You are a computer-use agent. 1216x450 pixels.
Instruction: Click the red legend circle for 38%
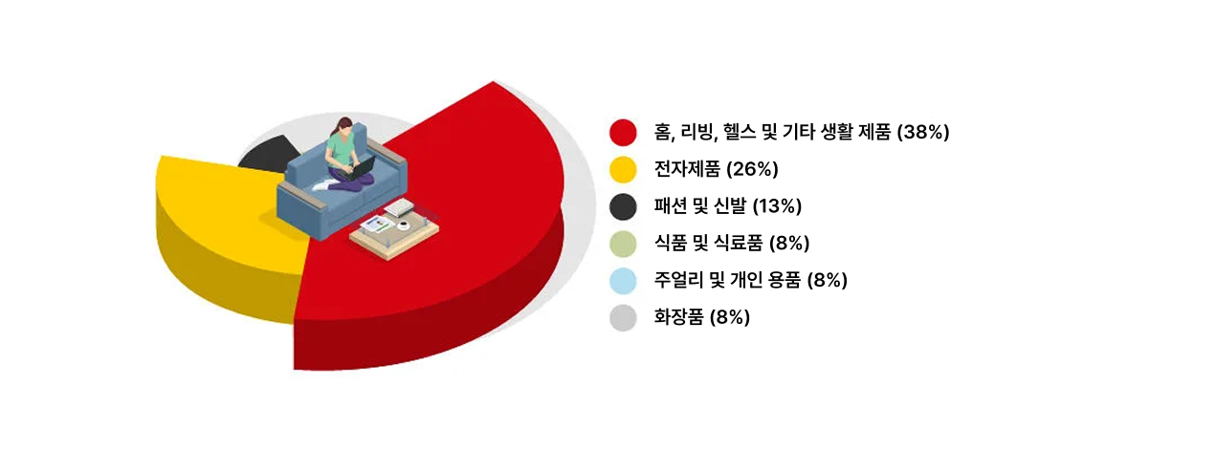[x=623, y=132]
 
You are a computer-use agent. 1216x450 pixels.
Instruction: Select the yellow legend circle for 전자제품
[x=623, y=169]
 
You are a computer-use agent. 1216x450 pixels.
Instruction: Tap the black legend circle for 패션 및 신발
[x=623, y=206]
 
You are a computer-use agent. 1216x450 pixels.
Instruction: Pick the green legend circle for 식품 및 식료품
[x=623, y=243]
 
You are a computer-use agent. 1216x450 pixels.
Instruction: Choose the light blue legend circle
[x=623, y=280]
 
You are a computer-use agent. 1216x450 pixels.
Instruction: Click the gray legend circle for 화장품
[x=623, y=317]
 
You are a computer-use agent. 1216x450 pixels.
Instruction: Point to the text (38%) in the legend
[x=922, y=132]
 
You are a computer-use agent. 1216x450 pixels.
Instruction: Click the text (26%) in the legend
[x=752, y=169]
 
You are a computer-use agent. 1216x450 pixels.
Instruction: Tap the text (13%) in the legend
[x=775, y=206]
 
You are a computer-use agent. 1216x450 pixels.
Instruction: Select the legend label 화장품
[x=679, y=316]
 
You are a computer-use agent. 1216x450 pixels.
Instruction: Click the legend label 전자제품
[x=687, y=169]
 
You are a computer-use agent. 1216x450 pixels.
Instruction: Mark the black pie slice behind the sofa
[x=267, y=155]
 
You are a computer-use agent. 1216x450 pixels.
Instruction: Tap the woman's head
[x=344, y=127]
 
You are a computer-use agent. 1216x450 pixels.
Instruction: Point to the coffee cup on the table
[x=404, y=225]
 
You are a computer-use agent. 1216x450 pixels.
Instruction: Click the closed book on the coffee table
[x=401, y=207]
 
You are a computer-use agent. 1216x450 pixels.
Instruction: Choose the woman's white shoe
[x=321, y=185]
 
